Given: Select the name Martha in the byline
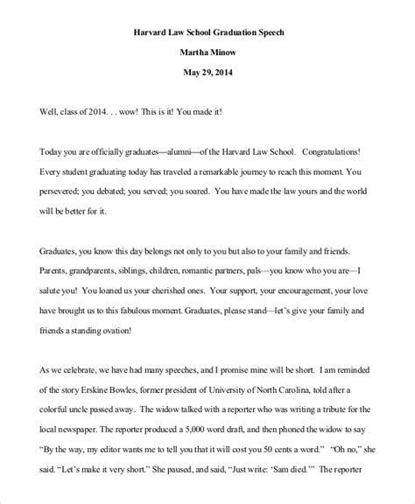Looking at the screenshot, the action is (x=193, y=54).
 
